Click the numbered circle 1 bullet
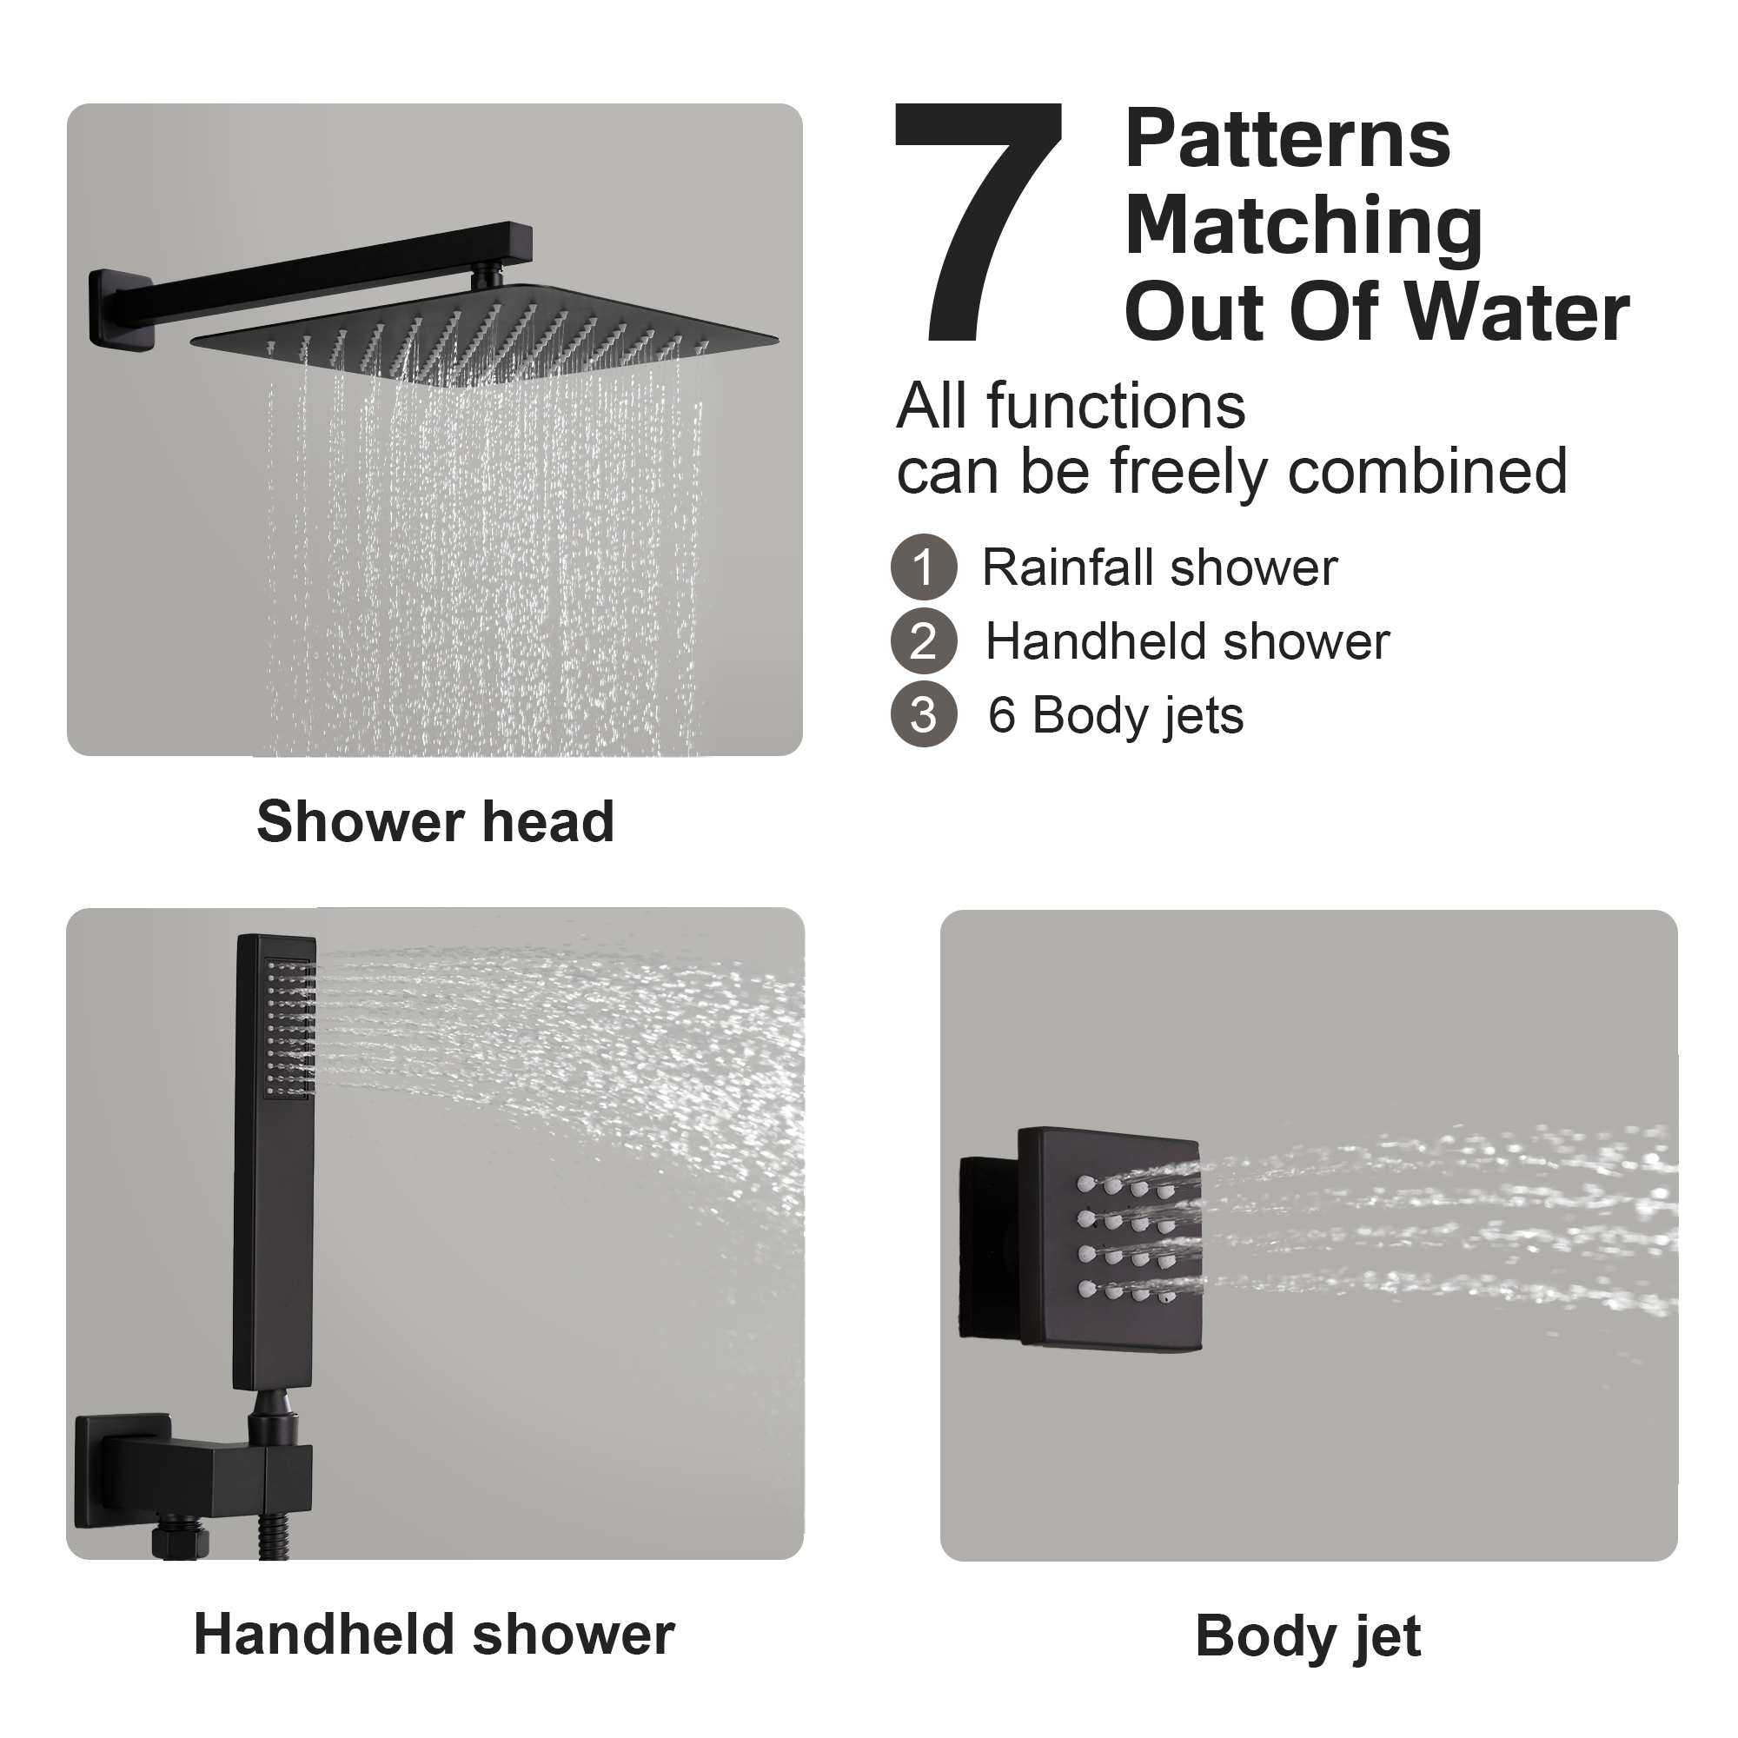coord(923,567)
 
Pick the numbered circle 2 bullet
coord(923,641)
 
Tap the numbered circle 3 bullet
coord(923,715)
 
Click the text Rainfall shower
coord(1158,567)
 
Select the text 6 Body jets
coord(1116,716)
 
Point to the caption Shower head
coord(435,821)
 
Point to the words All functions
coord(1071,407)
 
